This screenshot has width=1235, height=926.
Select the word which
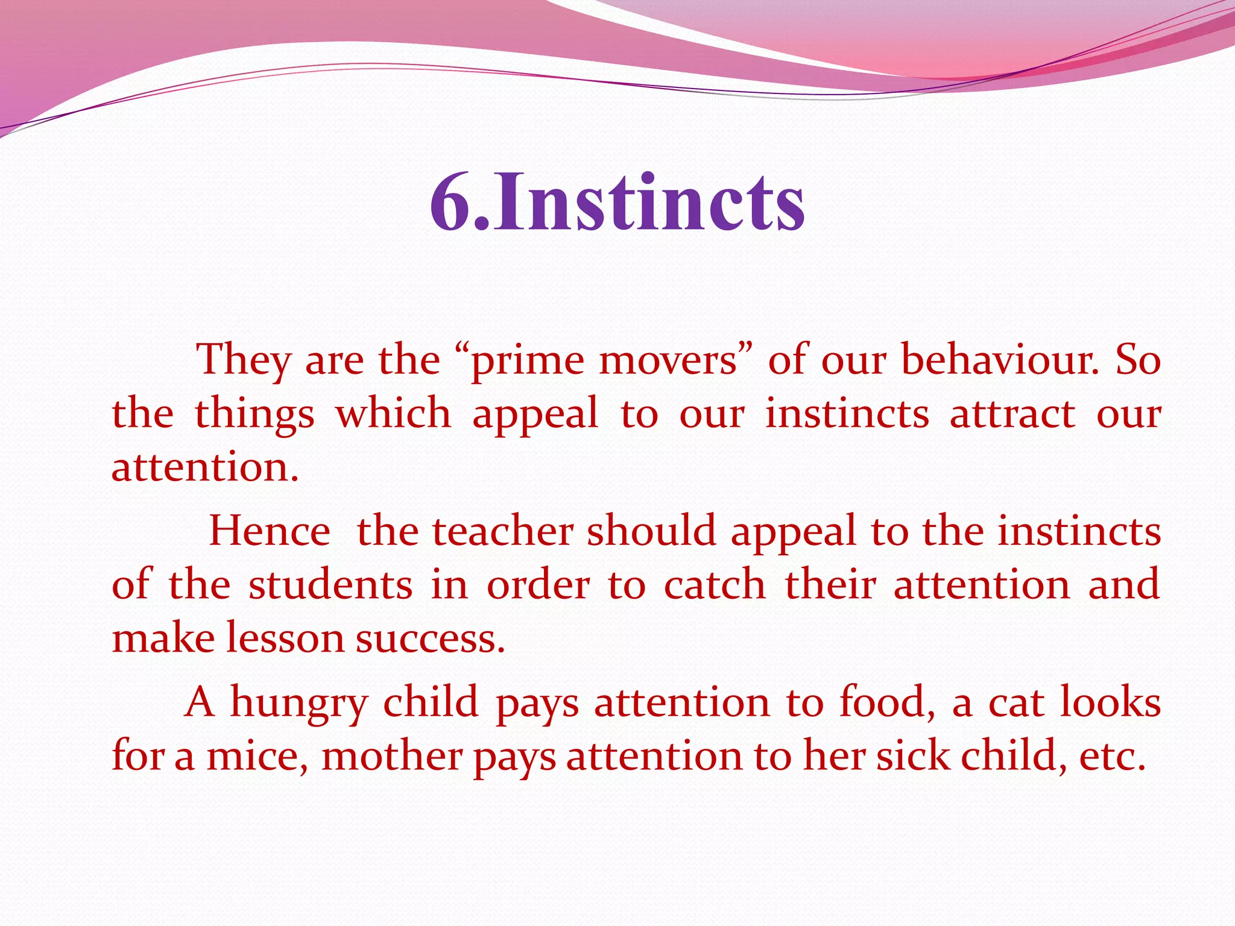tap(393, 414)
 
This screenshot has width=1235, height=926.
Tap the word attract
tap(1012, 415)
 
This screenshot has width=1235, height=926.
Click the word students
tap(330, 585)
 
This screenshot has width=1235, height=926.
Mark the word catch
tap(715, 585)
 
